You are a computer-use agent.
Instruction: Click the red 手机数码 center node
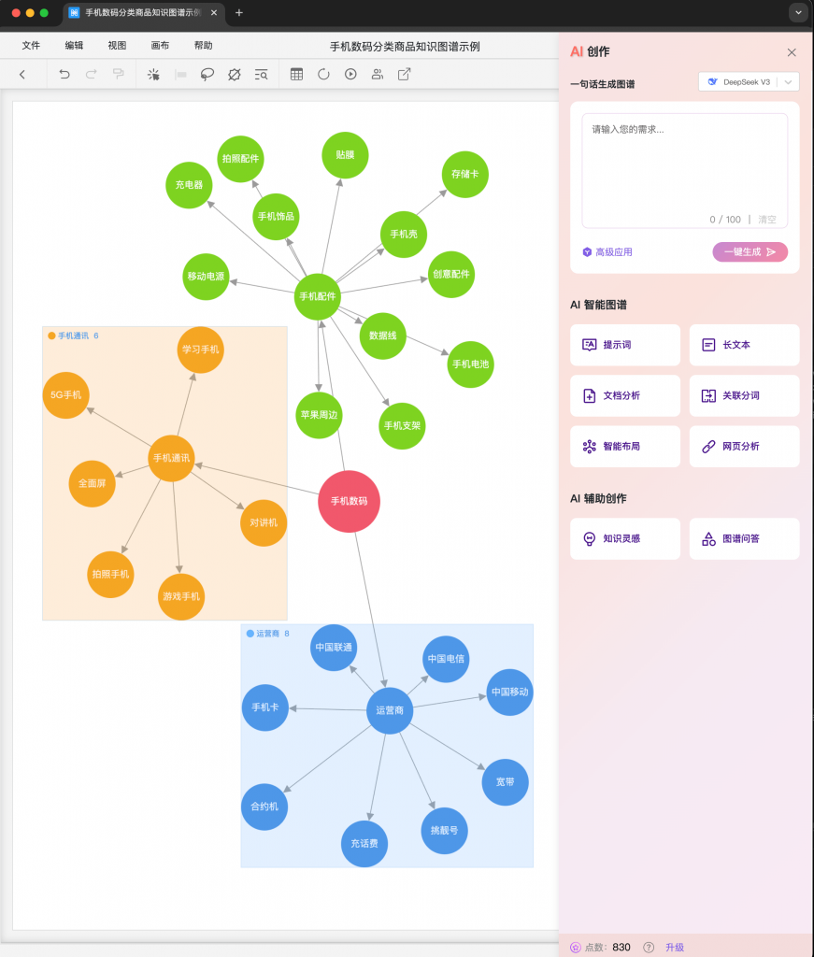pyautogui.click(x=349, y=502)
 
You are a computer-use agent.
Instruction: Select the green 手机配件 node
pyautogui.click(x=318, y=297)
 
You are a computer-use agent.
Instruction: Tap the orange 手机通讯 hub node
pyautogui.click(x=171, y=458)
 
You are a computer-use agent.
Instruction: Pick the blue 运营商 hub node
pyautogui.click(x=390, y=710)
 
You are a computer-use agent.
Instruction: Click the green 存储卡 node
pyautogui.click(x=464, y=174)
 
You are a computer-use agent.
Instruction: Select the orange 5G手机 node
pyautogui.click(x=65, y=395)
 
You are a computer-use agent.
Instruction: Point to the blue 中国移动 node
pyautogui.click(x=509, y=693)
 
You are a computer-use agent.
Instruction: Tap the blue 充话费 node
pyautogui.click(x=364, y=844)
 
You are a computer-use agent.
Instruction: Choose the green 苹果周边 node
pyautogui.click(x=319, y=415)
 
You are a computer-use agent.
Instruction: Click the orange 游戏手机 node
pyautogui.click(x=181, y=597)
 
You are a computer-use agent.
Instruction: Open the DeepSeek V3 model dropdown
pyautogui.click(x=749, y=82)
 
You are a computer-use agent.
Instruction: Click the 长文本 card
pyautogui.click(x=744, y=345)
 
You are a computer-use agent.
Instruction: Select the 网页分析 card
pyautogui.click(x=744, y=447)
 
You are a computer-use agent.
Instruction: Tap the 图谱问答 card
pyautogui.click(x=744, y=539)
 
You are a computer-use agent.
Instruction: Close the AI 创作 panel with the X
pyautogui.click(x=792, y=52)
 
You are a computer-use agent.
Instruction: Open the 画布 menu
pyautogui.click(x=160, y=46)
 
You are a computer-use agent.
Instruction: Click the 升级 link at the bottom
pyautogui.click(x=675, y=947)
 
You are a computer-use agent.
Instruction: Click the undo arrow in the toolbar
pyautogui.click(x=64, y=74)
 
